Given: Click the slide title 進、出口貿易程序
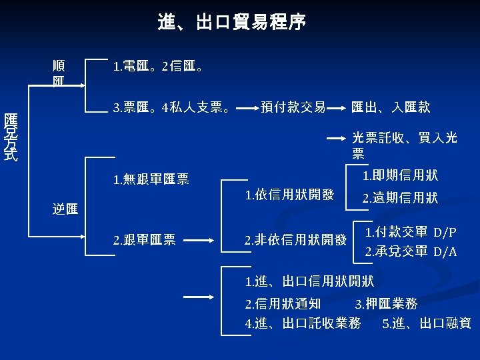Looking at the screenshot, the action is point(233,23).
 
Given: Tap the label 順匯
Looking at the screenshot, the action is point(59,74).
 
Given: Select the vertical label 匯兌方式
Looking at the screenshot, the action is point(11,137).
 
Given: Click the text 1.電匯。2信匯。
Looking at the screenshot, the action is point(159,67).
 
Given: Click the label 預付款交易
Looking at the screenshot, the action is point(293,107).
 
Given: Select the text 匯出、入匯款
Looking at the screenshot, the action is point(391,107).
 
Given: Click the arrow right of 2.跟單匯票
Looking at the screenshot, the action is point(199,240).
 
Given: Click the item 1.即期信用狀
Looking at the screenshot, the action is point(400,175).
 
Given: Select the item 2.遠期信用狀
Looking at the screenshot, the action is point(400,198).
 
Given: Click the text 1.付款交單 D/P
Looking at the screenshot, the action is point(411,232).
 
